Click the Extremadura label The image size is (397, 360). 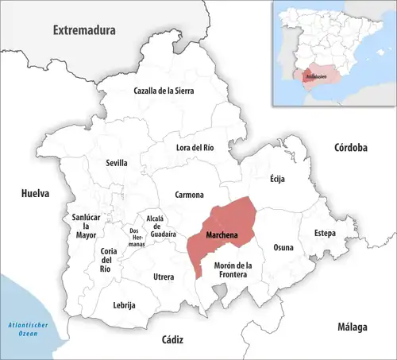(84, 30)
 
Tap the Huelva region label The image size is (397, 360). (35, 193)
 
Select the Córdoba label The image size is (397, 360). (350, 148)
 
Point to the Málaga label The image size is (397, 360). (350, 327)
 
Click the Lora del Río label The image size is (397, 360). (195, 147)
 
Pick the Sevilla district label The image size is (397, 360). (117, 163)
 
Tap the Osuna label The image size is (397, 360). (283, 247)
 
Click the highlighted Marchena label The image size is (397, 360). (223, 237)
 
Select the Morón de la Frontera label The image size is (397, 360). (233, 269)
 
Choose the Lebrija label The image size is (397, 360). (125, 305)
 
